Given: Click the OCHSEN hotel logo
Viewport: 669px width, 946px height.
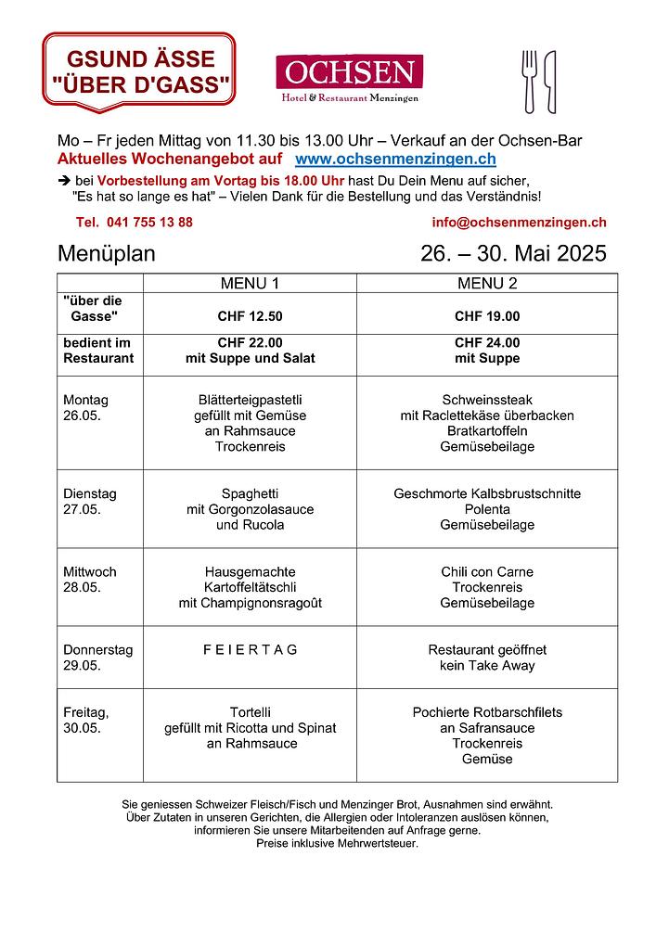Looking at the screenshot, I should point(349,79).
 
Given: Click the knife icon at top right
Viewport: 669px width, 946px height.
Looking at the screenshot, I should point(550,81).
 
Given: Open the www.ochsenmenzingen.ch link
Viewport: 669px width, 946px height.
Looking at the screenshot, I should point(394,160).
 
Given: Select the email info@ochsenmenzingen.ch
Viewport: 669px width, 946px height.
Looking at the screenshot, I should point(519,223).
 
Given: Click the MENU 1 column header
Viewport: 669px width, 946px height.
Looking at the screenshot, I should point(250,283).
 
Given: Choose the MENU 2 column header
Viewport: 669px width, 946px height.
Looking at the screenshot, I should point(487,283).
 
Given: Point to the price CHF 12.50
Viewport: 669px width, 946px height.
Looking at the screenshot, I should point(250,316).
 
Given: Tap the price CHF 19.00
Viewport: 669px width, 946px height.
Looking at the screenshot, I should point(487,316).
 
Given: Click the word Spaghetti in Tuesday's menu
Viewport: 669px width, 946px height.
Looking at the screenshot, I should point(250,493).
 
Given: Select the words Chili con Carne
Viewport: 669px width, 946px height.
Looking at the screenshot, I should point(487,572).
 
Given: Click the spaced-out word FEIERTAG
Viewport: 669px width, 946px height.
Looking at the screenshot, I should point(250,650).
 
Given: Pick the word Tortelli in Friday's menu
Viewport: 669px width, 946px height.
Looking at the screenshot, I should point(250,712).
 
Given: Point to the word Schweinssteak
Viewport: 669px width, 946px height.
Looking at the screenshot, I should point(487,400).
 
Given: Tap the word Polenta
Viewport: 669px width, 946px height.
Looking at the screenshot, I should point(487,509).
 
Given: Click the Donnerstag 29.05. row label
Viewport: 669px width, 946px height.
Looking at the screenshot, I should point(97,658).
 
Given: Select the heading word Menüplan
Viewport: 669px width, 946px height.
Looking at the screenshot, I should point(107,253).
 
